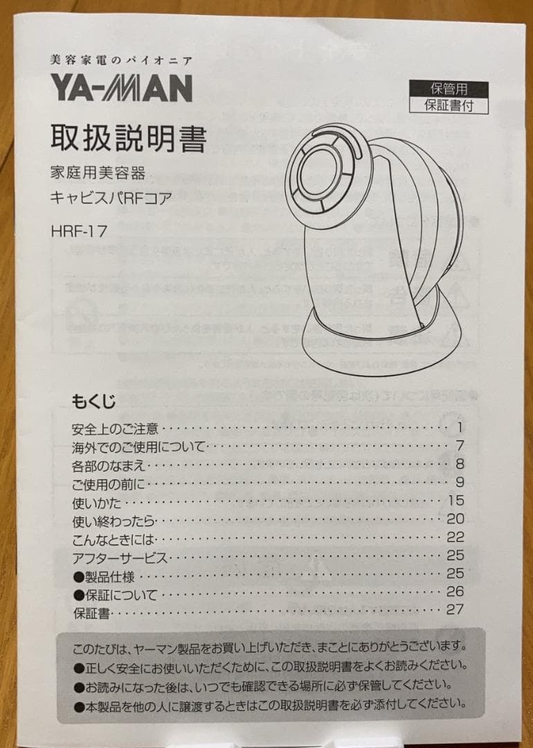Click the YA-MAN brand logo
tap(121, 89)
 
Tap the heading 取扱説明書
tap(128, 139)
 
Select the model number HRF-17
tap(79, 231)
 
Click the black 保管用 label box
tap(449, 89)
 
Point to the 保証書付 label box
tap(449, 105)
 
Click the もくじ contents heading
tap(93, 401)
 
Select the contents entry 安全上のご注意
tap(115, 428)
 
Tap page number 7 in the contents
tap(459, 445)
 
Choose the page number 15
tap(455, 500)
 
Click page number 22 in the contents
tap(455, 537)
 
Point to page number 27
tap(455, 609)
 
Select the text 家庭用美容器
tap(98, 173)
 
